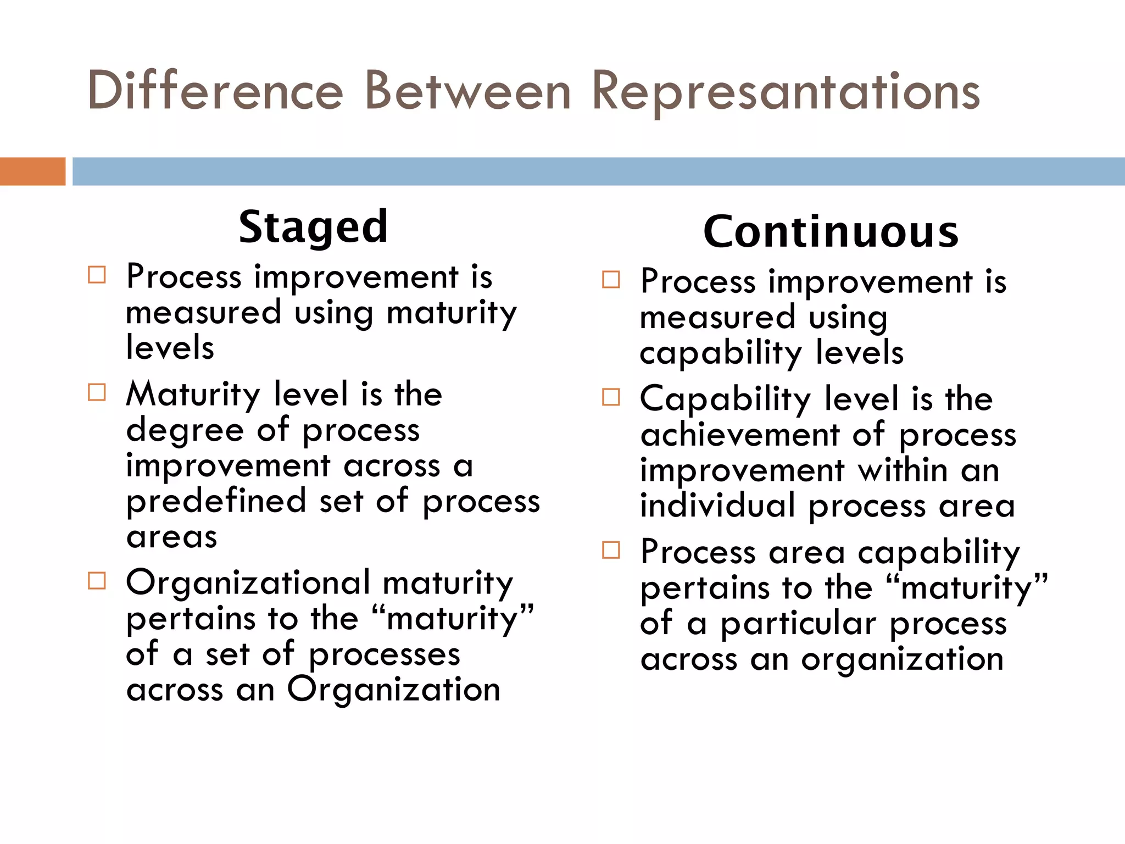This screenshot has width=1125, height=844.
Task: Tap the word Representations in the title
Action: coord(785,92)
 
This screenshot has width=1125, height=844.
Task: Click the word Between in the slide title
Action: coord(467,91)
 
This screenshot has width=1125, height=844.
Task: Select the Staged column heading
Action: coord(313,227)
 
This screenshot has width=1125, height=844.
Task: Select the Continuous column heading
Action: coord(831,232)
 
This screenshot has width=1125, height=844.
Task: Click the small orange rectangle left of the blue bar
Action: coord(32,171)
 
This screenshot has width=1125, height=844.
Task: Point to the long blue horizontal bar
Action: coord(598,171)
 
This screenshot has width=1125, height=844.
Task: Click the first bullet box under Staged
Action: coord(97,275)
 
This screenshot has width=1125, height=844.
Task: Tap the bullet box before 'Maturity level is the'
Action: coord(97,392)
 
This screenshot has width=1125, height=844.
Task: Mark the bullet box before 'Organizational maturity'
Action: coord(97,581)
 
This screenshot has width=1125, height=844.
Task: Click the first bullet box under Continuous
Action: coord(611,280)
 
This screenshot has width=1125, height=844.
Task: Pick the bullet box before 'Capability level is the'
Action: coord(611,397)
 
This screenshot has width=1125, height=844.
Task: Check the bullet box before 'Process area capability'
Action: coord(611,550)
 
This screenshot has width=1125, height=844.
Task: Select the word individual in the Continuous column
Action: coord(717,506)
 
